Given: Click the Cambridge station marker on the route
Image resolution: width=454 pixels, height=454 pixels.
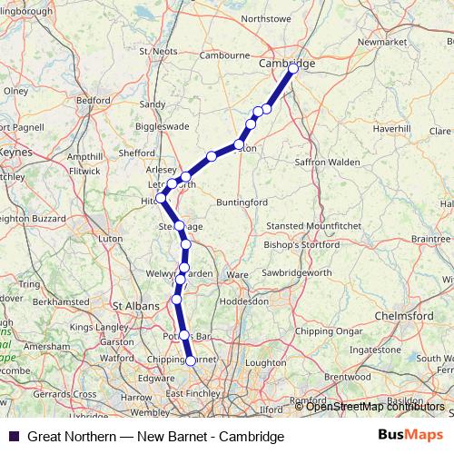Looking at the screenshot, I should coord(293,67).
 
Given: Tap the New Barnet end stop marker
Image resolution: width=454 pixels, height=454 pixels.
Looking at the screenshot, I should coord(191,360).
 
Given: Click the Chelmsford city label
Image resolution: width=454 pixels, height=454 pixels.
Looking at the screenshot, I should coord(406,314).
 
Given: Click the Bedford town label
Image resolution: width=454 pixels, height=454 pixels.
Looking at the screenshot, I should coord(94,100).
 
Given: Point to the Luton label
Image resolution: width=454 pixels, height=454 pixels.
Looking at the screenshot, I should coord(110,238).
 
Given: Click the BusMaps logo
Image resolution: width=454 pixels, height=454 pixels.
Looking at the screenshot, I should coord(411,436).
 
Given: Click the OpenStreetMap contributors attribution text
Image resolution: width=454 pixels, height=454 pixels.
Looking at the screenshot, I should coord(374,407).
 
